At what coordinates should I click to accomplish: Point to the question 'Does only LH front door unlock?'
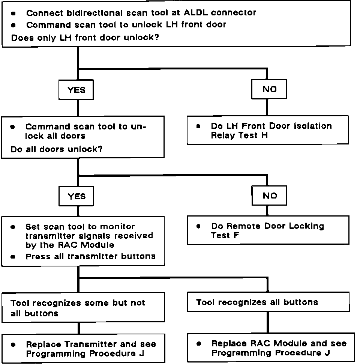click(85, 38)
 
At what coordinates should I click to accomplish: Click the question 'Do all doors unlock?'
click(56, 149)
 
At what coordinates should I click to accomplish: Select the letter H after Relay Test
click(264, 135)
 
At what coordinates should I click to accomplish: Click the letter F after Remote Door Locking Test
click(236, 235)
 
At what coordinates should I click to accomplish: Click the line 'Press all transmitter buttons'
click(90, 257)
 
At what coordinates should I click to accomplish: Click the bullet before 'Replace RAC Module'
click(198, 344)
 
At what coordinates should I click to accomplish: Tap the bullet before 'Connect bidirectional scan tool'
click(13, 14)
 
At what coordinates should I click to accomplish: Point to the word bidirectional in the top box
click(94, 13)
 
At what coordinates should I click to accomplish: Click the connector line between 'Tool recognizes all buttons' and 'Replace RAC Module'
click(268, 322)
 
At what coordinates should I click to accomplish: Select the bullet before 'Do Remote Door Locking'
click(198, 226)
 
